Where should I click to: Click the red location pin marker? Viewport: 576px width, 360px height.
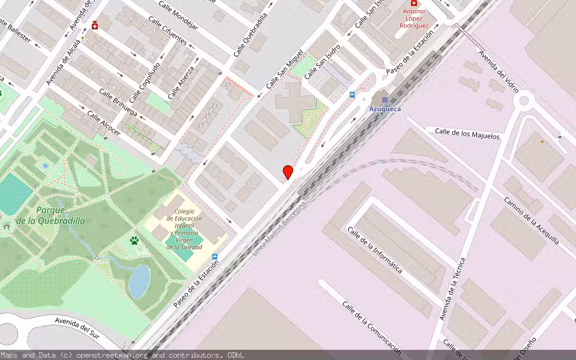[x=288, y=172]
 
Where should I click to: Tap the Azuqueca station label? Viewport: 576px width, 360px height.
[x=385, y=109]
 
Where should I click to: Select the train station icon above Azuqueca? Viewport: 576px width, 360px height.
[x=385, y=100]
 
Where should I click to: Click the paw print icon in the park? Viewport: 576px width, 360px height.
[x=134, y=241]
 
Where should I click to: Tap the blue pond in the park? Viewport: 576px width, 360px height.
[x=139, y=281]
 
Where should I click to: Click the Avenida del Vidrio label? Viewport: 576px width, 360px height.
[x=497, y=68]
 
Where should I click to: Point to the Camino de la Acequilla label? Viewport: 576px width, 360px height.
[x=532, y=221]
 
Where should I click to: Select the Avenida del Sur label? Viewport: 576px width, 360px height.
[x=76, y=328]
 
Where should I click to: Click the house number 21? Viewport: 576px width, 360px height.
[x=227, y=85]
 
